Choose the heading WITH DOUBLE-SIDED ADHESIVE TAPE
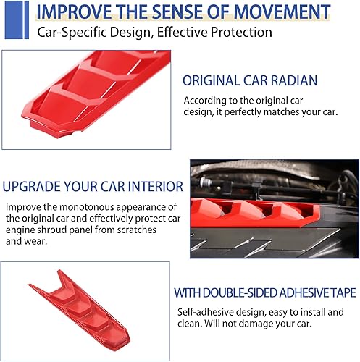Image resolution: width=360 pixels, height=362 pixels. (x=264, y=293)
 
